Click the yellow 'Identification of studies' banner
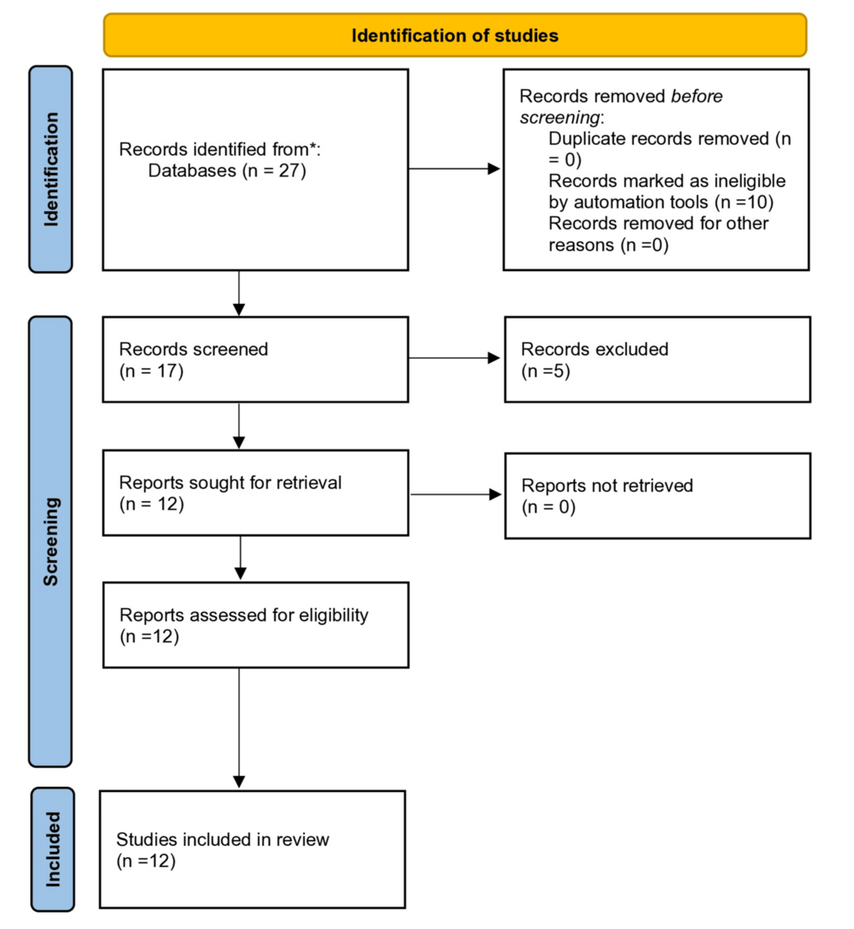click(456, 35)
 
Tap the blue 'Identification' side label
click(51, 170)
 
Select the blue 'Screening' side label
click(50, 541)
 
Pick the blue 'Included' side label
click(53, 849)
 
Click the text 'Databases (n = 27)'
click(227, 171)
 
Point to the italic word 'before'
click(696, 96)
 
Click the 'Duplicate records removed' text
click(658, 139)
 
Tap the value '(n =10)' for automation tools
click(744, 202)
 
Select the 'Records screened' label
click(193, 349)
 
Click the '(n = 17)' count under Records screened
click(151, 371)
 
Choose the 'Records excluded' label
click(594, 349)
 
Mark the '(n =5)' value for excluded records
click(546, 371)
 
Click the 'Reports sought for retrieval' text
click(230, 482)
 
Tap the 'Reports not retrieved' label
click(607, 485)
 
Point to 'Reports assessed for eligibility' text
click(243, 615)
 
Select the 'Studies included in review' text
click(223, 840)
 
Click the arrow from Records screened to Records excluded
click(455, 358)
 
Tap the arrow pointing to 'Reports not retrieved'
click(456, 494)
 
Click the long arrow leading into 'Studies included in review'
click(239, 728)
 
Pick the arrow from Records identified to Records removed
click(454, 169)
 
